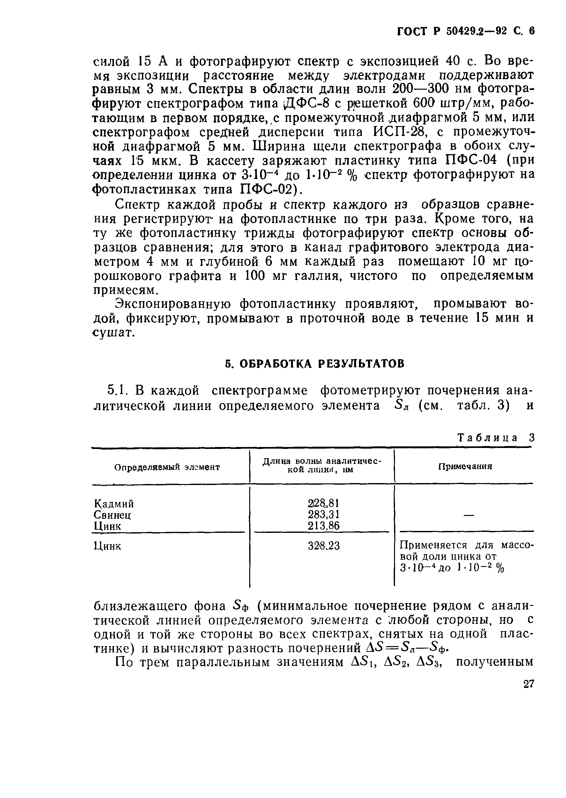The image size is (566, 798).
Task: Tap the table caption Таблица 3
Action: click(495, 438)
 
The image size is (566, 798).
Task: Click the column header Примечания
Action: click(465, 466)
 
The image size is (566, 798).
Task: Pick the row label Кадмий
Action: click(114, 504)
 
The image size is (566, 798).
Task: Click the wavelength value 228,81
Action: click(324, 503)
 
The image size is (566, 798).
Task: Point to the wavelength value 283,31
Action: click(324, 514)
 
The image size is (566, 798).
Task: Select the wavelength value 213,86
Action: click(324, 526)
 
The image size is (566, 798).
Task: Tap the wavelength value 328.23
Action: click(324, 546)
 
